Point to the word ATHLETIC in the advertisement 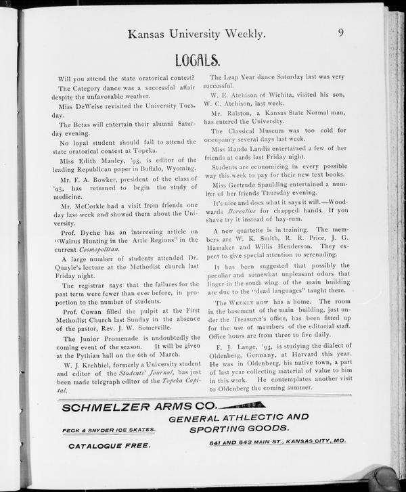(x=251, y=418)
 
